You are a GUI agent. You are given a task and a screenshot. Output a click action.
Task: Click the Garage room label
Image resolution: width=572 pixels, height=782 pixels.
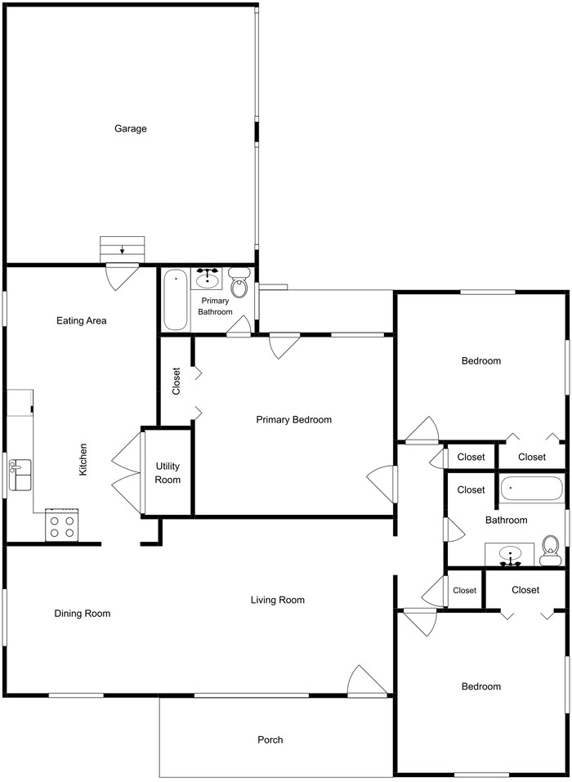130,128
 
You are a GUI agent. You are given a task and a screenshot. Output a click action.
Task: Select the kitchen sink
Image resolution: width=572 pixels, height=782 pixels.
20,476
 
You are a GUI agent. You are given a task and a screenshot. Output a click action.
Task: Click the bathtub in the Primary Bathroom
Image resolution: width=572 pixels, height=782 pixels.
176,300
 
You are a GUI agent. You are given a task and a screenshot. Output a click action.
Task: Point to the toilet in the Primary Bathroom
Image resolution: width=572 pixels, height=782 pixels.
239,284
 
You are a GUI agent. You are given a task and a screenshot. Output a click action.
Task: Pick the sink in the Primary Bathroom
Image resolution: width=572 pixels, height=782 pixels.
209,278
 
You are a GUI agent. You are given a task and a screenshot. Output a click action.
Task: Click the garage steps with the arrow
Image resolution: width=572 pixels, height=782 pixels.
122,249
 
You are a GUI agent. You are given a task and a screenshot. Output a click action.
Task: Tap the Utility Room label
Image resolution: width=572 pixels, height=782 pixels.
168,474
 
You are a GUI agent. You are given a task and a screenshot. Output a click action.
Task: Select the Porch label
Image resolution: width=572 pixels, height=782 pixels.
270,740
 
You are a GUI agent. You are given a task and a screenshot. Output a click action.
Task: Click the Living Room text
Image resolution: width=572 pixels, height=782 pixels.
277,600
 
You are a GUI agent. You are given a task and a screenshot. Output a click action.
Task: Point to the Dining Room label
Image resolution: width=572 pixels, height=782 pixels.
83,614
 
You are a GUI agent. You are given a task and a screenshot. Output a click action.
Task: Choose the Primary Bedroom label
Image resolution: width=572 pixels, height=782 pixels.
293,419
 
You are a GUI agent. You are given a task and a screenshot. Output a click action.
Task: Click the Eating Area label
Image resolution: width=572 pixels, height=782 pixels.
81,320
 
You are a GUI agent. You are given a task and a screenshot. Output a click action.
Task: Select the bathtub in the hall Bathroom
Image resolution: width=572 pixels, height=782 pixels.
531,489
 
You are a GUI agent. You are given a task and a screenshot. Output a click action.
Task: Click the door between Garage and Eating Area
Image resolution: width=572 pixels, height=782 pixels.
123,276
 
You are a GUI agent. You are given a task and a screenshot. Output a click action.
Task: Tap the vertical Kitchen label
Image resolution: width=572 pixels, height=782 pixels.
83,460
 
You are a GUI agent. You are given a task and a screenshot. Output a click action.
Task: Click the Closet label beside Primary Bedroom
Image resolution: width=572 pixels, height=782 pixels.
176,381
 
